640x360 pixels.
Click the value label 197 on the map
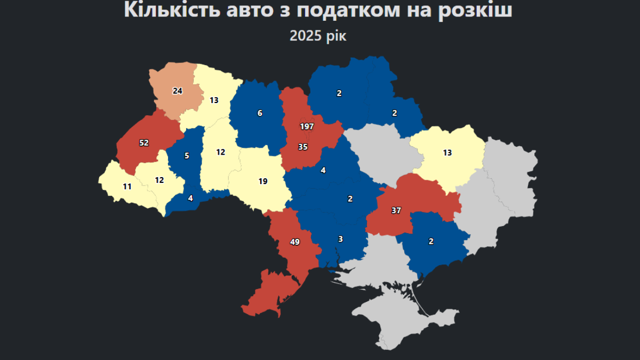click(307, 126)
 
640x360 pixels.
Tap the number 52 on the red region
click(144, 142)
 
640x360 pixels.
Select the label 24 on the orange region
click(178, 91)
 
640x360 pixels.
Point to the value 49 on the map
click(295, 242)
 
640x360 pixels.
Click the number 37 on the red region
click(396, 210)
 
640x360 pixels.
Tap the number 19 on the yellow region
click(263, 181)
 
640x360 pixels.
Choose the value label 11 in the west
click(127, 187)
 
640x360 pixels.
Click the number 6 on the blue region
click(260, 113)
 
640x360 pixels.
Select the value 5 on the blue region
click(187, 156)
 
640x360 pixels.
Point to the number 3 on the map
click(340, 239)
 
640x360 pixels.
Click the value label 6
click(260, 113)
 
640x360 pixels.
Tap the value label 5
click(187, 156)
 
